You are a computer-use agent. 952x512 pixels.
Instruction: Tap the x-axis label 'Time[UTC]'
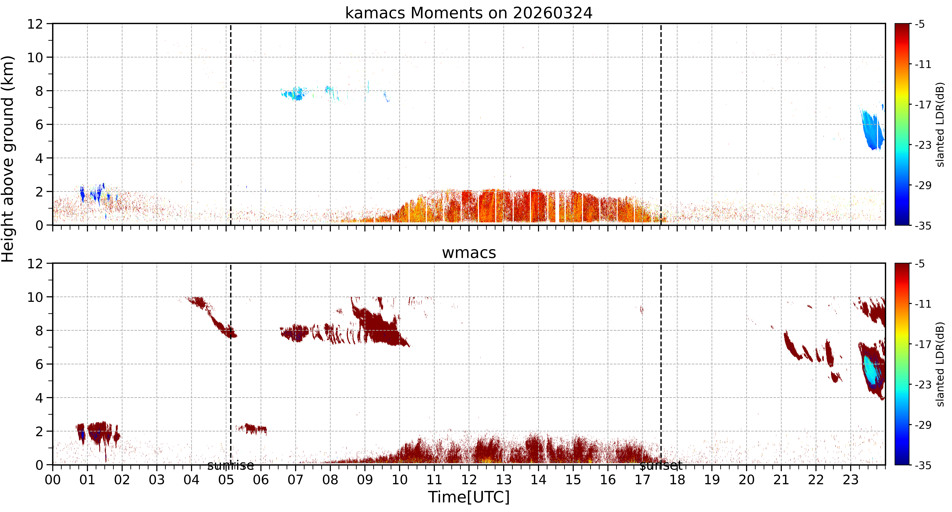pyautogui.click(x=469, y=497)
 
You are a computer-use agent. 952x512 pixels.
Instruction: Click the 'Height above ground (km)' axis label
pyautogui.click(x=8, y=159)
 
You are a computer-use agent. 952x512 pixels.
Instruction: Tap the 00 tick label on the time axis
pyautogui.click(x=53, y=479)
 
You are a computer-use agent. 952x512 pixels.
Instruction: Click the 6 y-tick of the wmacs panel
pyautogui.click(x=39, y=364)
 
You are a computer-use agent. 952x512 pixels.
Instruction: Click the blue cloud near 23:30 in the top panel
pyautogui.click(x=872, y=129)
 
